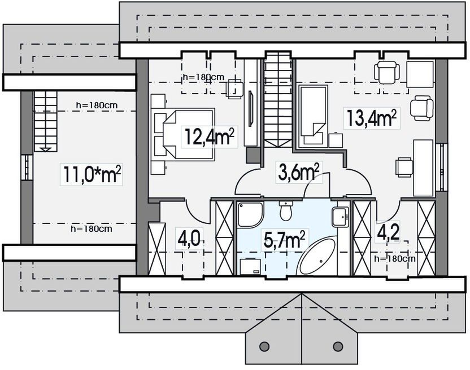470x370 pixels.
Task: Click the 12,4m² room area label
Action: [x=209, y=137]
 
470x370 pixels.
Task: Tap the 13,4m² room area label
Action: [x=372, y=118]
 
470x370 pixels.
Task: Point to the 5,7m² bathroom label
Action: [x=285, y=240]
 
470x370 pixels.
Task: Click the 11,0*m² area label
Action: [x=92, y=174]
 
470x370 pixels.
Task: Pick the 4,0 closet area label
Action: [x=189, y=237]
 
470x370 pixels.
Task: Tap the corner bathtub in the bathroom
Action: [x=317, y=256]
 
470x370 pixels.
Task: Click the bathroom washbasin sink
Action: [x=341, y=217]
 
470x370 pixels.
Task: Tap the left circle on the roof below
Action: [x=264, y=346]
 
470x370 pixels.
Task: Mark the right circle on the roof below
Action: [x=338, y=346]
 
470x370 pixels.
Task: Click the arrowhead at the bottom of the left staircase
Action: [x=46, y=149]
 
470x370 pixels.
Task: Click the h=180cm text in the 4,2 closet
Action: [x=395, y=258]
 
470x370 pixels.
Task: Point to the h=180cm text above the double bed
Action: [x=203, y=77]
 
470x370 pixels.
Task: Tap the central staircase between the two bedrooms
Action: [x=278, y=99]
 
